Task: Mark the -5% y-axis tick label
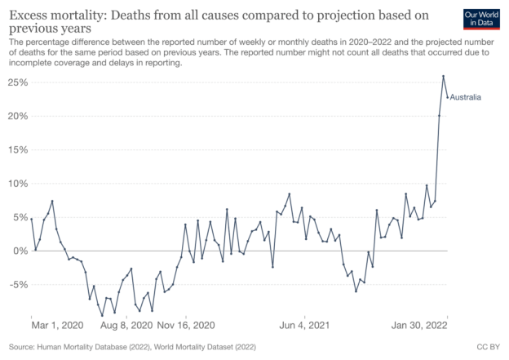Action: (x=19, y=284)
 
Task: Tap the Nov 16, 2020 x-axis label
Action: (x=186, y=324)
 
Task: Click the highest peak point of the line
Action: (x=443, y=77)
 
